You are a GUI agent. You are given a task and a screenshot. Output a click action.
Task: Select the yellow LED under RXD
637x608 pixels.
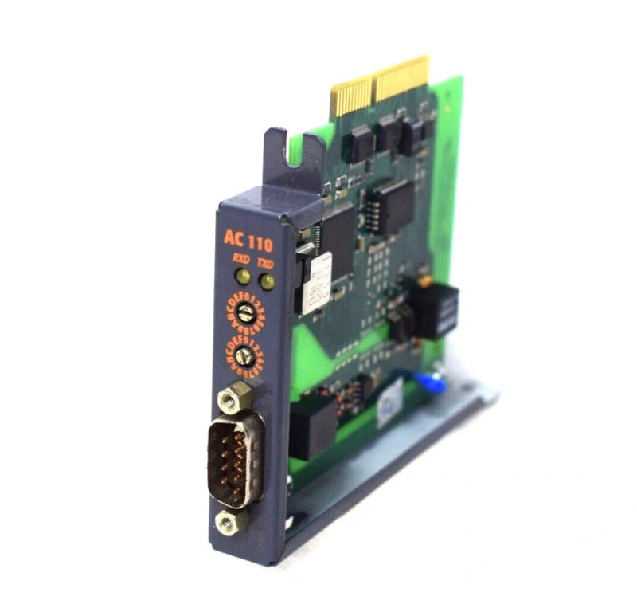[241, 277]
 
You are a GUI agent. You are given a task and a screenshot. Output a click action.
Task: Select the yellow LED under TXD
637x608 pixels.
[266, 281]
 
